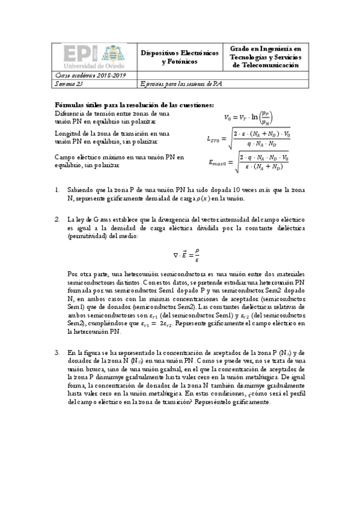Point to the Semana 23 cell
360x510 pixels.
click(66, 85)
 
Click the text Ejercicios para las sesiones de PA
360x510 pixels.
click(181, 85)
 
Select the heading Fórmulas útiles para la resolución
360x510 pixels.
click(134, 105)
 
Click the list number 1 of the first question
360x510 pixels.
click(57, 189)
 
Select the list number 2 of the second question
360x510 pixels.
click(57, 220)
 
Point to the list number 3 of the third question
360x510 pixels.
click(57, 352)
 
